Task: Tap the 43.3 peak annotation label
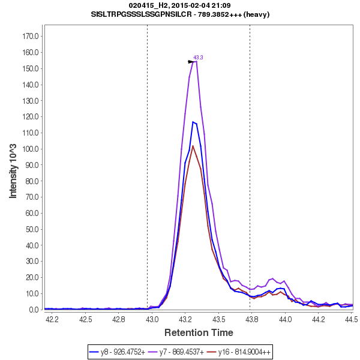pyautogui.click(x=198, y=58)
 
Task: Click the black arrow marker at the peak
pyautogui.click(x=191, y=62)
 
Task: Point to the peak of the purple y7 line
pyautogui.click(x=195, y=61)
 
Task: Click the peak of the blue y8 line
pyautogui.click(x=193, y=122)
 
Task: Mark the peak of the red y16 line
pyautogui.click(x=193, y=146)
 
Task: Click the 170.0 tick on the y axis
pyautogui.click(x=31, y=36)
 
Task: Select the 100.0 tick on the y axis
pyautogui.click(x=31, y=149)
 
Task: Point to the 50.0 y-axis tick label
pyautogui.click(x=32, y=229)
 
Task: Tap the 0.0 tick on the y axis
pyautogui.click(x=34, y=310)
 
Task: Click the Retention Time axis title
pyautogui.click(x=199, y=332)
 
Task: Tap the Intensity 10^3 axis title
pyautogui.click(x=13, y=170)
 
